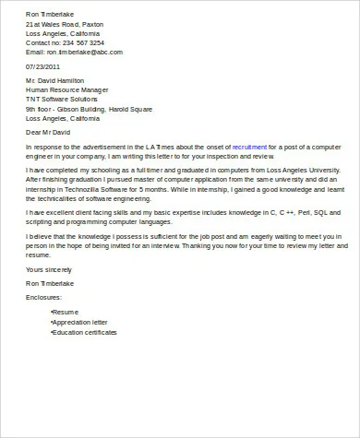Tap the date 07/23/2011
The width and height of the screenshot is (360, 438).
(43, 67)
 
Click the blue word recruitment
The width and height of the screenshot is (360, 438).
(250, 147)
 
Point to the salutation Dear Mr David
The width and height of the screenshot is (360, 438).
(51, 133)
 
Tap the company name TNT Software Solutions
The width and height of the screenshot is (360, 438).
(64, 101)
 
